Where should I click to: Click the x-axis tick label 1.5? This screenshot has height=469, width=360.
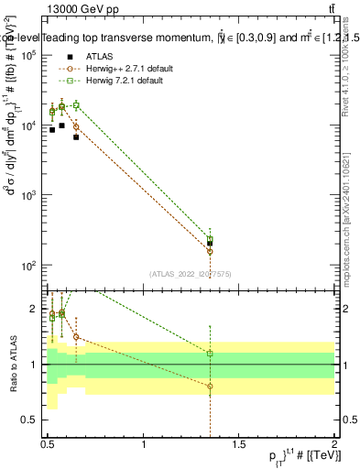tap(239, 445)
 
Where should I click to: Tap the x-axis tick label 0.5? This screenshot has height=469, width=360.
tap(48, 445)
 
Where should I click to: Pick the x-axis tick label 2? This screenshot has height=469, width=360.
tap(334, 445)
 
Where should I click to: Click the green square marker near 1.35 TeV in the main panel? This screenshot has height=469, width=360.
tap(210, 239)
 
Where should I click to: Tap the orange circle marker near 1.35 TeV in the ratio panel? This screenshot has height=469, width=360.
tap(210, 387)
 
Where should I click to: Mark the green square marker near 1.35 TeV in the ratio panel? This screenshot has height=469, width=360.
tap(210, 354)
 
